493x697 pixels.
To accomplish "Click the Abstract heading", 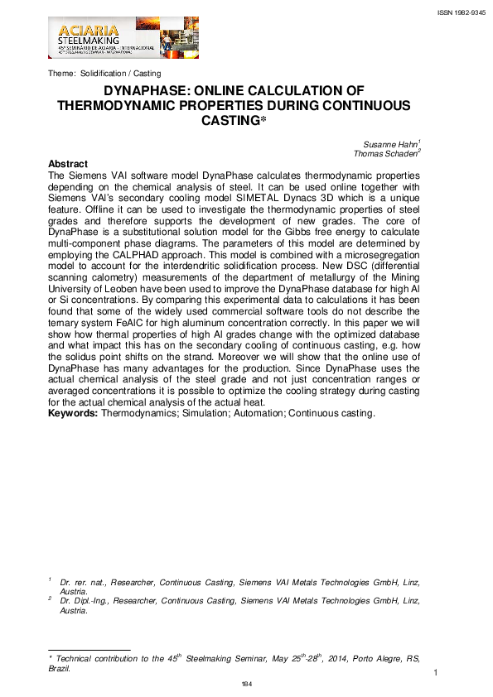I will (x=68, y=164).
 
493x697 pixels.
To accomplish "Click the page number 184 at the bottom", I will (x=246, y=684).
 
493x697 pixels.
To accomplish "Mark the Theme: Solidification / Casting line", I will (x=104, y=74).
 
